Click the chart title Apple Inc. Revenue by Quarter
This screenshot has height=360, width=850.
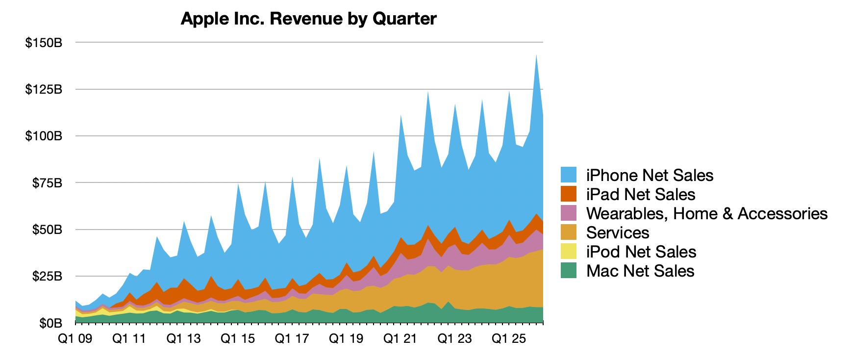coord(308,19)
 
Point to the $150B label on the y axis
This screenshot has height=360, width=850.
coord(44,43)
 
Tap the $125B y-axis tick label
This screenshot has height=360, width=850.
coord(44,89)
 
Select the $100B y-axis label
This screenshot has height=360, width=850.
coord(44,136)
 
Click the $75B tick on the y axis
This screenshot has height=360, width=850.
coord(47,183)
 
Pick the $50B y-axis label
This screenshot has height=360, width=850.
coord(47,230)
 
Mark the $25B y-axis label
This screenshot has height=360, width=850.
coord(47,276)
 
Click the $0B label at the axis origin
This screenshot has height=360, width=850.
coord(50,323)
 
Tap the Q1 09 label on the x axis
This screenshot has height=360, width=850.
coord(75,339)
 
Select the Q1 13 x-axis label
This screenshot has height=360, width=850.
coord(183,339)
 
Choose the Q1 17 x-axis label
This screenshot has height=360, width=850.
coord(292,339)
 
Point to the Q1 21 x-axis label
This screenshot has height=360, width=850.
coord(400,339)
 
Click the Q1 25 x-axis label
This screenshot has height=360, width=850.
coord(509,339)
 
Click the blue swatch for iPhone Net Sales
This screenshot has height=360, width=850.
coord(569,175)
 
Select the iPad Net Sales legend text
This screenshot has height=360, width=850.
coord(640,194)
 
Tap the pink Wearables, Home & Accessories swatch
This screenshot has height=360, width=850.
coord(569,213)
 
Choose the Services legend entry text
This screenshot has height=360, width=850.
coord(617,232)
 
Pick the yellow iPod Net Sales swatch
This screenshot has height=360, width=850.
coord(569,252)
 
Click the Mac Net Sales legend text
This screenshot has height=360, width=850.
coord(640,271)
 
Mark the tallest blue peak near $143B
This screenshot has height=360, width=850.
coord(536,57)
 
